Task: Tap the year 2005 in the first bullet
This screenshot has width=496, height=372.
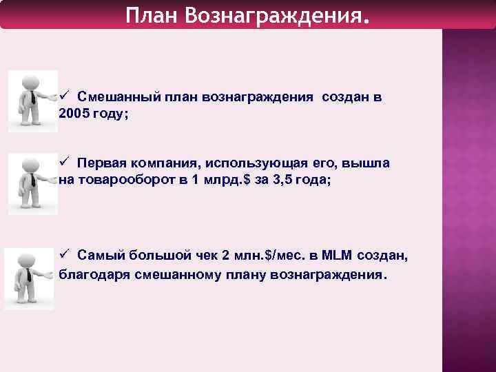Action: point(74,114)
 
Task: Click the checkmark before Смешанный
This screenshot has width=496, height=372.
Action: point(64,96)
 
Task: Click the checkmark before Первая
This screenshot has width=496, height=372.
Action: point(64,163)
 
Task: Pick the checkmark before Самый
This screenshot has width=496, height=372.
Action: point(64,255)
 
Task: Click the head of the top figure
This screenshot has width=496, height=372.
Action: point(30,80)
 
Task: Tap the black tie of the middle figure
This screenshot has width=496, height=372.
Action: point(32,181)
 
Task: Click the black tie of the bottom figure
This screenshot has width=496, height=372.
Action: point(28,275)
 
